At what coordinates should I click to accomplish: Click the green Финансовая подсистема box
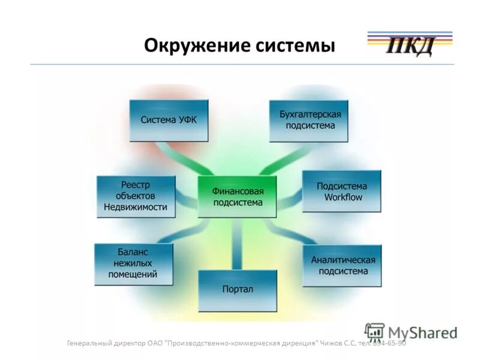237,197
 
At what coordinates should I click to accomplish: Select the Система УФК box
169,120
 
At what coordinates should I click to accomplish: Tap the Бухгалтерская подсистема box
308,121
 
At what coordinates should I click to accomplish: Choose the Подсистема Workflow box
341,191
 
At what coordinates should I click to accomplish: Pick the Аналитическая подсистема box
343,265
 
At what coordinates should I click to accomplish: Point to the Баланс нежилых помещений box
133,264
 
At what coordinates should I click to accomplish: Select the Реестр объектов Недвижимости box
136,196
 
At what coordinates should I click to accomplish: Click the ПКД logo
409,46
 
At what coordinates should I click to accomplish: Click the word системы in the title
299,46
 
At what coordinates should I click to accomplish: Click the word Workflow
343,197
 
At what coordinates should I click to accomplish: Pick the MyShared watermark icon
374,332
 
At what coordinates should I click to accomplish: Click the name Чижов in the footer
332,343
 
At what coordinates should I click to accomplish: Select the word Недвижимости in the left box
136,208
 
